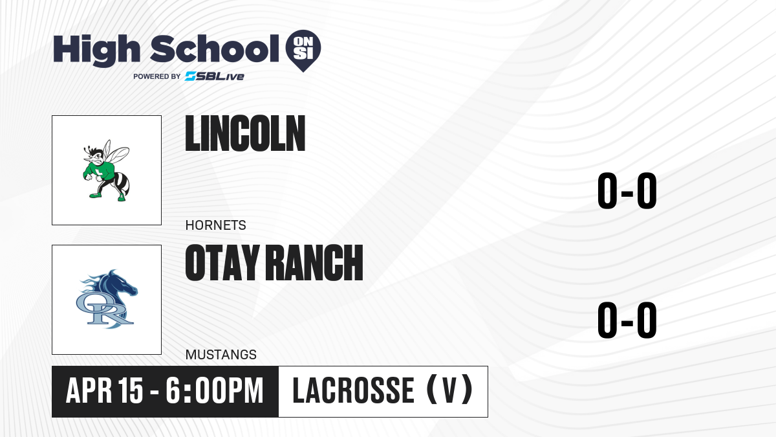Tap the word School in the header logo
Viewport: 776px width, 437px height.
[x=215, y=49]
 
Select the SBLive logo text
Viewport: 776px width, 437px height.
[x=215, y=76]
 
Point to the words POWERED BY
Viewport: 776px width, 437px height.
[x=157, y=76]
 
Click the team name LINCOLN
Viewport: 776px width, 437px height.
[x=245, y=133]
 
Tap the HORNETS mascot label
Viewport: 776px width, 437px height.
[x=215, y=225]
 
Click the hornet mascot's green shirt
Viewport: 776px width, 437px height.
[x=101, y=171]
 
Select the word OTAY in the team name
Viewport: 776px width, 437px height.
[x=222, y=263]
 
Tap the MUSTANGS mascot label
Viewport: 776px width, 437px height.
[x=221, y=355]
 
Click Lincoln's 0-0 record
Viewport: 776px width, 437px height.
[x=627, y=191]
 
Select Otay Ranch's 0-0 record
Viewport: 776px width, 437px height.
[x=627, y=320]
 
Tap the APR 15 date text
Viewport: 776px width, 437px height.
[x=104, y=390]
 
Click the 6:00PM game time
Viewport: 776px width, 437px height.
[x=215, y=390]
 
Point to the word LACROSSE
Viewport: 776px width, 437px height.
[x=353, y=390]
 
